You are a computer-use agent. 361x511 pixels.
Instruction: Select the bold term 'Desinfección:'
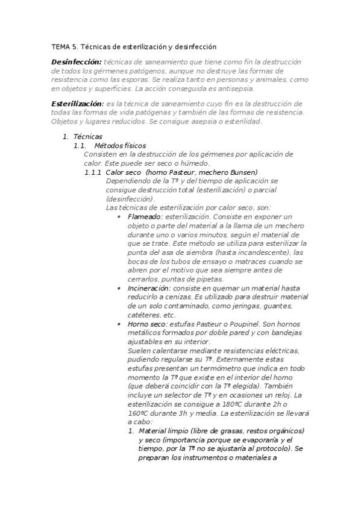77,62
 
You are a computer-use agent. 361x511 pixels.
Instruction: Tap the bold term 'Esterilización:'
77,104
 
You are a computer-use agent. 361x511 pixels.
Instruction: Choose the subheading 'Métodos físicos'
120,146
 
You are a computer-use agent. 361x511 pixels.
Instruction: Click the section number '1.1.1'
93,172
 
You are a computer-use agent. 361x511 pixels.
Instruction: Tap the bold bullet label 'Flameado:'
145,217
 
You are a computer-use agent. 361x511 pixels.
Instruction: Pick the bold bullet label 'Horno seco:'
143,324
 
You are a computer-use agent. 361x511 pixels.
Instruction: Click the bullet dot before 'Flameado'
119,217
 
